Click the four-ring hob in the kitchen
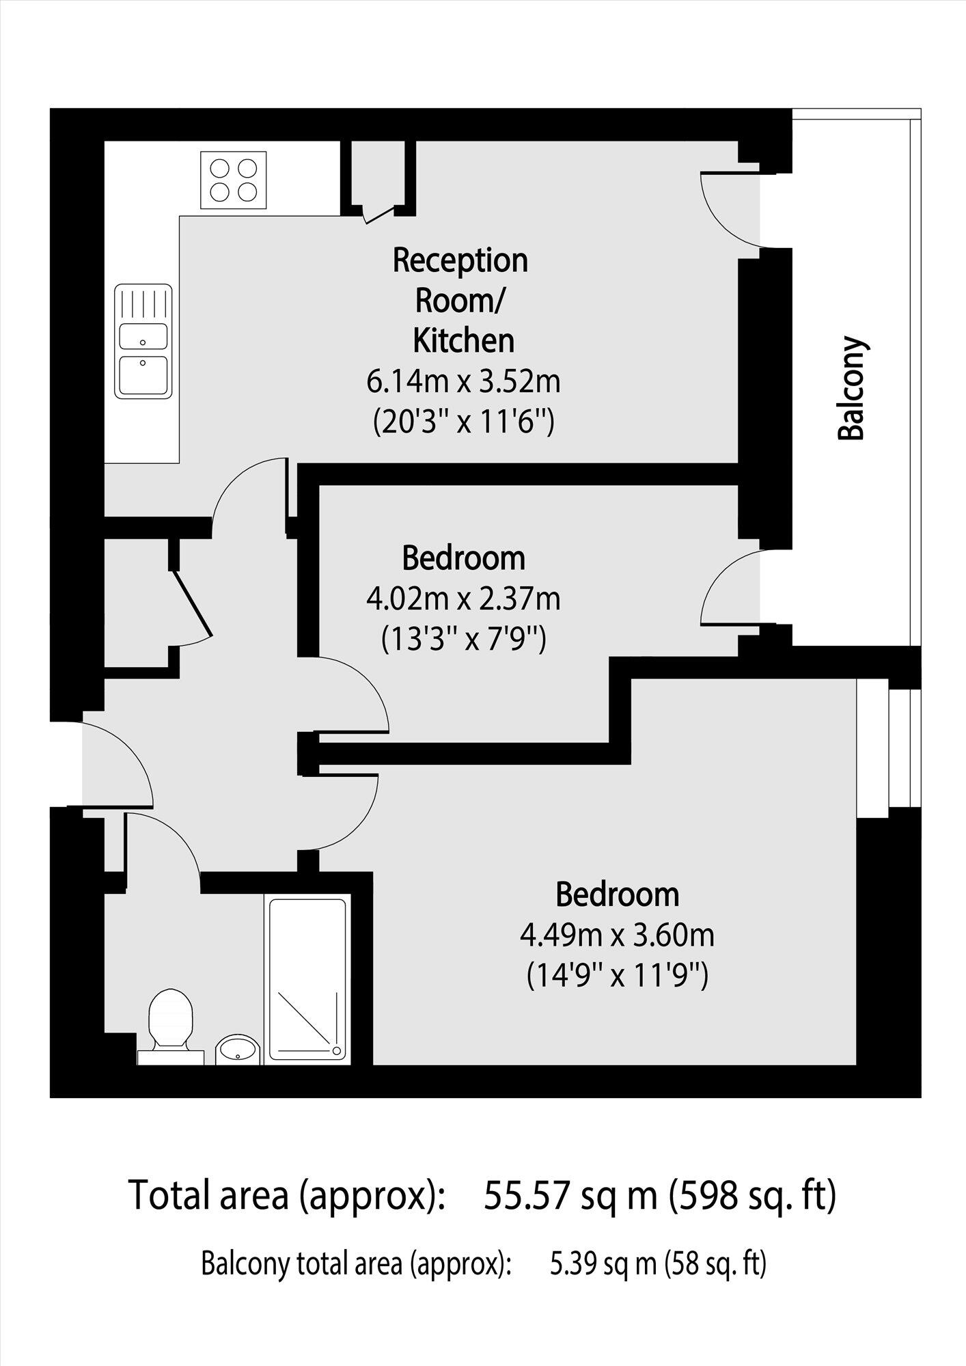[233, 180]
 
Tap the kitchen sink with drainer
[143, 341]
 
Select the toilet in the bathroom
[171, 1022]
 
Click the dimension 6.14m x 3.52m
[463, 381]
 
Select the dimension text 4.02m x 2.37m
[463, 599]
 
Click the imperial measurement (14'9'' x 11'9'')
[617, 976]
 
